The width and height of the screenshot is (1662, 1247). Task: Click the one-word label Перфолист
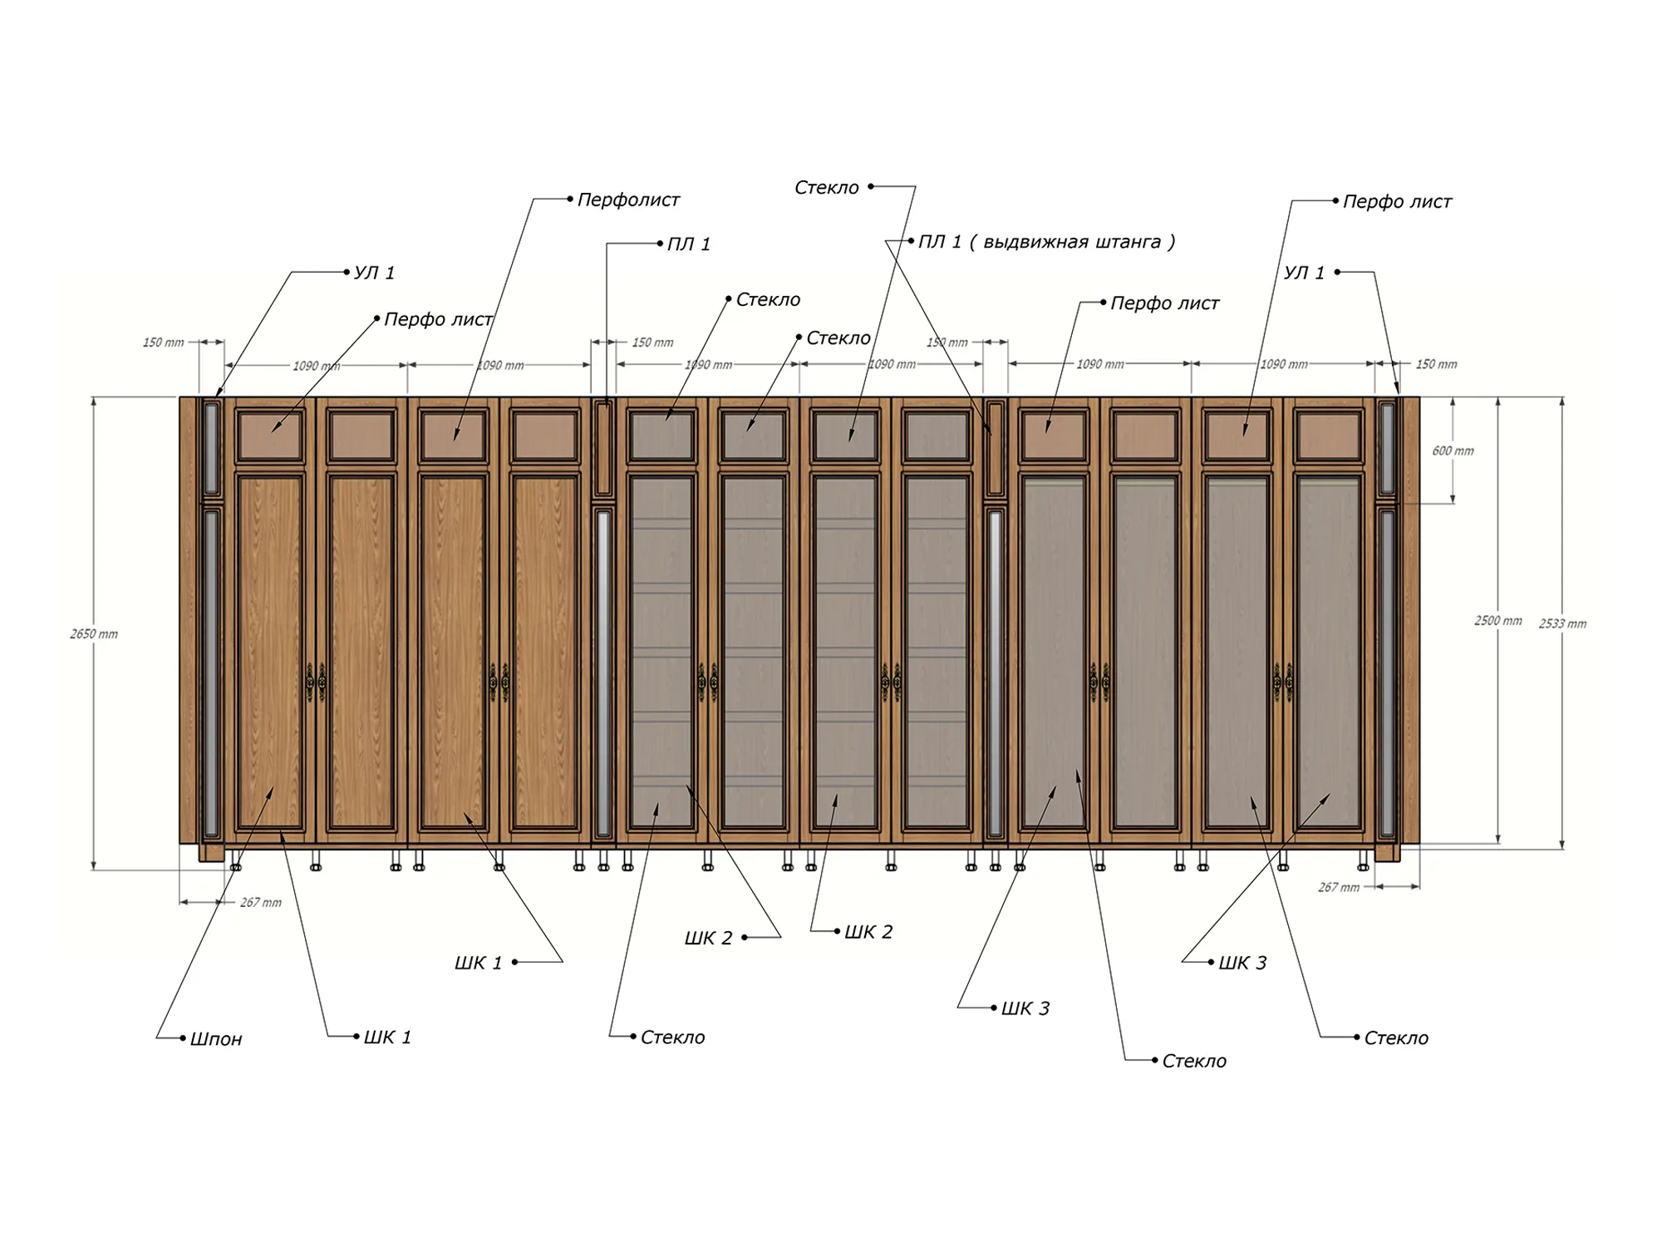(x=628, y=200)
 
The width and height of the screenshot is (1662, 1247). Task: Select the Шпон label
(x=216, y=1039)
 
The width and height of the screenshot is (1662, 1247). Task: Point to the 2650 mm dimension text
(x=94, y=634)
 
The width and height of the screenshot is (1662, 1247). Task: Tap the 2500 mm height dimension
(x=1498, y=621)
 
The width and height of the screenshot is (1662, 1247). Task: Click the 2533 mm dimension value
(x=1562, y=623)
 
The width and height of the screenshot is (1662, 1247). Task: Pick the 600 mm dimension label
(x=1453, y=451)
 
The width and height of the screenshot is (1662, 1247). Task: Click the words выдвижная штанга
(x=1072, y=242)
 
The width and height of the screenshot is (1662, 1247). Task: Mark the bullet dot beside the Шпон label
(x=183, y=1038)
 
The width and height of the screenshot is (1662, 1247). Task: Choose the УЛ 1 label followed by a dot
(x=1304, y=273)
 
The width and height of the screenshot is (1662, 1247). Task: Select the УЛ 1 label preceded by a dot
(x=374, y=273)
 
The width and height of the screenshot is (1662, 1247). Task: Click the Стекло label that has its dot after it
(x=827, y=188)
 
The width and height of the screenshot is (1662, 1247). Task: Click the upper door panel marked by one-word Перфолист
(x=453, y=436)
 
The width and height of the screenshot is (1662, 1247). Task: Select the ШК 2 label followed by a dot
(x=708, y=939)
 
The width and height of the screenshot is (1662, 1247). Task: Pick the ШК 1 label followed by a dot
(x=478, y=964)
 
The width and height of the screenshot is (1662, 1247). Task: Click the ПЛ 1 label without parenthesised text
(x=689, y=244)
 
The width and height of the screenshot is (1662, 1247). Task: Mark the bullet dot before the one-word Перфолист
(x=570, y=200)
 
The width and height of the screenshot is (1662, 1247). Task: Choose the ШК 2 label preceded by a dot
(x=868, y=933)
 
